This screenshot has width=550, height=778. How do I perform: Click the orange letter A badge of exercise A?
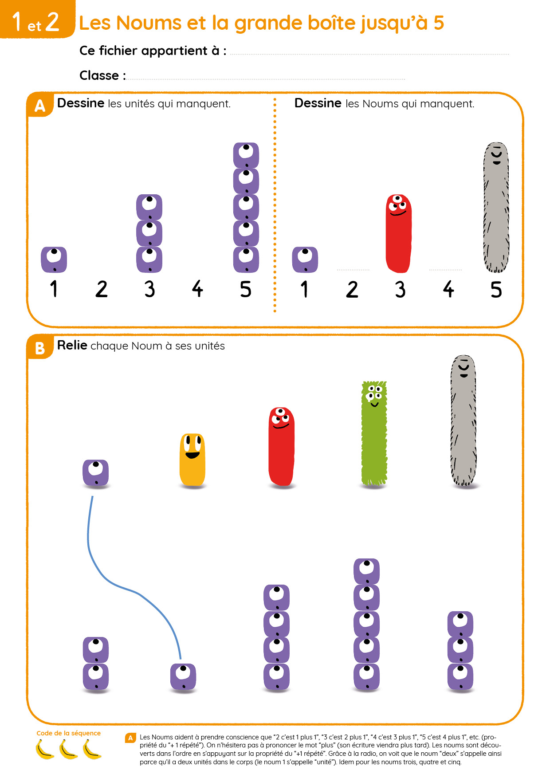click(40, 105)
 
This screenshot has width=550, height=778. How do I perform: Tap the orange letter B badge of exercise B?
click(40, 347)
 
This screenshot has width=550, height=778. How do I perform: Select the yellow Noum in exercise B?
click(192, 460)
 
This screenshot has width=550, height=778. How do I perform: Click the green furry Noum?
click(374, 433)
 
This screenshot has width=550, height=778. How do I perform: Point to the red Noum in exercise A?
click(398, 233)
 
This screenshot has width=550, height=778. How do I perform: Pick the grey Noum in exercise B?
click(464, 420)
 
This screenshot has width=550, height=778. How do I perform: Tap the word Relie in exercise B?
click(72, 345)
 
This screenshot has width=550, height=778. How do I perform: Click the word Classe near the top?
click(99, 75)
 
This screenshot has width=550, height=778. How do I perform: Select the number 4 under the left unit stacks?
click(197, 289)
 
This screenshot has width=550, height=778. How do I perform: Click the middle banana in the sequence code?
click(69, 749)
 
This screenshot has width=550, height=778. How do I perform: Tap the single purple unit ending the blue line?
click(183, 676)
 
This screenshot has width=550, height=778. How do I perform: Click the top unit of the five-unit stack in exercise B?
click(366, 571)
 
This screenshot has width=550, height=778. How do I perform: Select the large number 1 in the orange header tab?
click(17, 21)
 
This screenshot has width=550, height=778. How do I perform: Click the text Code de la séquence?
click(68, 733)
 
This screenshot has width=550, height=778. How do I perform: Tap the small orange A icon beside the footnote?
click(130, 738)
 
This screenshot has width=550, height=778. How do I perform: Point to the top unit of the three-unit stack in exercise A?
click(149, 207)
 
